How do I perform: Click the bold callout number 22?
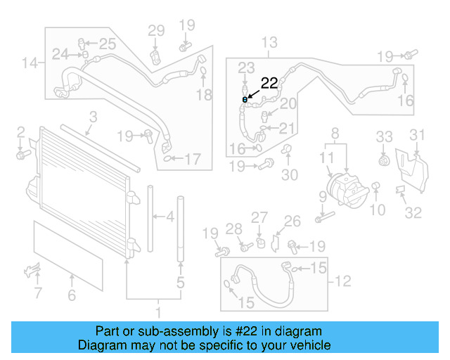click(269, 83)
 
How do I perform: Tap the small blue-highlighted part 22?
click(245, 99)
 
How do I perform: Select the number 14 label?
click(29, 64)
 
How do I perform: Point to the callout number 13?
click(270, 43)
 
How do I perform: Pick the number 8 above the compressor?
click(334, 131)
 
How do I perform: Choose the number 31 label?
click(418, 135)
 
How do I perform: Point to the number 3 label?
click(93, 117)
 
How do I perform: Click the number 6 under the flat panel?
click(71, 296)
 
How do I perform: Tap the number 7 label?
click(37, 293)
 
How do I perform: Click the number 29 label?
click(155, 30)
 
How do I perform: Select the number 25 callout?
click(107, 44)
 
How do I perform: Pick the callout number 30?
click(290, 175)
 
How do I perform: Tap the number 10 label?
click(378, 209)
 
